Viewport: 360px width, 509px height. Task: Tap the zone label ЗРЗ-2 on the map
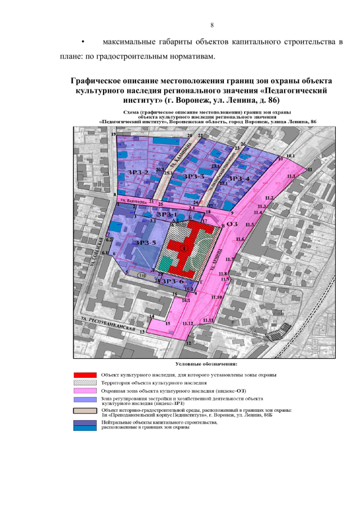coord(137,172)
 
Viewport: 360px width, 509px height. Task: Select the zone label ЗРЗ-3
coord(195,177)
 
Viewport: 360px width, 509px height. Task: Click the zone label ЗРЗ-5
coord(145,242)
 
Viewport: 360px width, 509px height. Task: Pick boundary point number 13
coord(142,332)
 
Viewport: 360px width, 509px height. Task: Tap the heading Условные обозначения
coord(208,363)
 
